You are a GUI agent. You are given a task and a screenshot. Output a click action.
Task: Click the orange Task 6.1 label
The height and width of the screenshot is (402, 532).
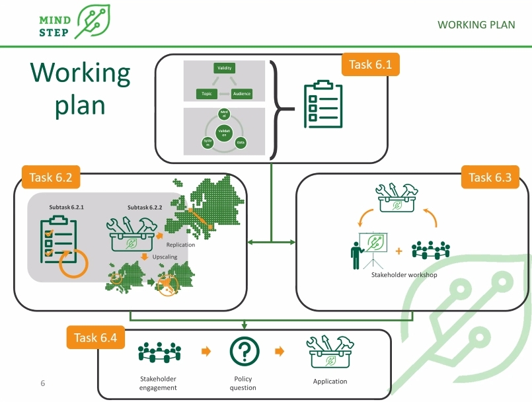click(x=370, y=65)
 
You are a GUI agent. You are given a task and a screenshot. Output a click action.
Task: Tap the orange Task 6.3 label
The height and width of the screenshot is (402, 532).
click(x=490, y=177)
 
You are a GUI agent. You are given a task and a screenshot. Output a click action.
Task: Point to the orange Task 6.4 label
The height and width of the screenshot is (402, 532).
click(x=95, y=337)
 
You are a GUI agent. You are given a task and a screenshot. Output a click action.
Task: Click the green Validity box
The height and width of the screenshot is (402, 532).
click(x=225, y=68)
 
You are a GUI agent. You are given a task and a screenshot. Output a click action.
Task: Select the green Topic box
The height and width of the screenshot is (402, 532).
click(x=206, y=94)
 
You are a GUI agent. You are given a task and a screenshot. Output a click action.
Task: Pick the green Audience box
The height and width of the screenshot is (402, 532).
click(x=242, y=94)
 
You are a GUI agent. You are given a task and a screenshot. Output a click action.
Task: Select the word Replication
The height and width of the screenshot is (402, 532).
click(x=180, y=245)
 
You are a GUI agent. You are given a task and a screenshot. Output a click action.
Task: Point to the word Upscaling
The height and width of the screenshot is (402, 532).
click(x=165, y=256)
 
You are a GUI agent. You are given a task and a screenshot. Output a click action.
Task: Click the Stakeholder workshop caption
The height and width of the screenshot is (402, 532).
click(x=404, y=274)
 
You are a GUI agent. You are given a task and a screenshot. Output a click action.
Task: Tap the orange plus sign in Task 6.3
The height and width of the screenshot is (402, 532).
click(x=399, y=251)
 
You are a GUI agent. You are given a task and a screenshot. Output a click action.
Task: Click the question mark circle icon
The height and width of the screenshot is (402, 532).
click(x=244, y=351)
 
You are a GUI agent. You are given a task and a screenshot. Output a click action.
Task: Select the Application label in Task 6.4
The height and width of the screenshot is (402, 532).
click(x=330, y=382)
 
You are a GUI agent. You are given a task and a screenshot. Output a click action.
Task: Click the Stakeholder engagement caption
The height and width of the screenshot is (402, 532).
click(x=158, y=383)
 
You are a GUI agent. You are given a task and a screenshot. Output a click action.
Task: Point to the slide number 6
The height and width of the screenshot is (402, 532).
click(x=43, y=383)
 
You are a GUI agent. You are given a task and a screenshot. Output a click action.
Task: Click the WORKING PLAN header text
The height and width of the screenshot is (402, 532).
click(x=476, y=25)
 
